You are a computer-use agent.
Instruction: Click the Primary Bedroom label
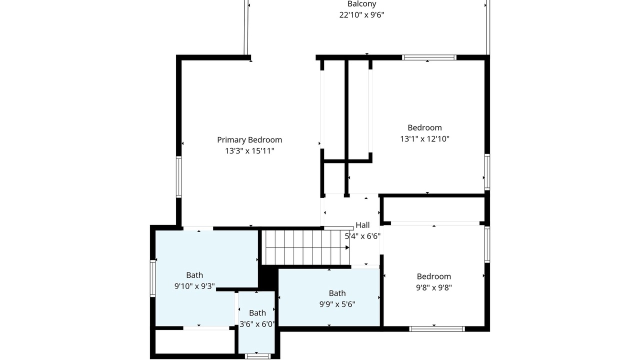[x=249, y=139]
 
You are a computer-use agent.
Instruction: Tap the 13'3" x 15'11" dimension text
[x=249, y=151]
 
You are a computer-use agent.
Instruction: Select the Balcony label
[x=361, y=4]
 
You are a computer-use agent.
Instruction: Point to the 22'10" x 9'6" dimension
[x=361, y=15]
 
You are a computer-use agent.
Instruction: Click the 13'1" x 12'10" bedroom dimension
[x=424, y=139]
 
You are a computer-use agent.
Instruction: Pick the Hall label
[x=362, y=225]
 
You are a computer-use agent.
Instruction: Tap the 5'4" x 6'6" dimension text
[x=362, y=236]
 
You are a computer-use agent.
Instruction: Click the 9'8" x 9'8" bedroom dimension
[x=433, y=287]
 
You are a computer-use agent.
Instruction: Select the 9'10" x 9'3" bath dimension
[x=194, y=286]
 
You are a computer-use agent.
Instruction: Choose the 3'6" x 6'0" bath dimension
[x=257, y=324]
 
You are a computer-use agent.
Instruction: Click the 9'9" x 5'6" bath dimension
[x=337, y=304]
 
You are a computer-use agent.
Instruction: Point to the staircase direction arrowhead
[x=347, y=247]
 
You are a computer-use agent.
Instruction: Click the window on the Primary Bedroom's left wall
[x=179, y=177]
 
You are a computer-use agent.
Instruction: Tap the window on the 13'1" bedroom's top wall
[x=429, y=57]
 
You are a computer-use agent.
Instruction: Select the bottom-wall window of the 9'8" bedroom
[x=437, y=329]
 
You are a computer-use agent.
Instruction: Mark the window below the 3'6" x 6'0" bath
[x=257, y=356]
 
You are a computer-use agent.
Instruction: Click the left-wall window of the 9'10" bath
[x=153, y=278]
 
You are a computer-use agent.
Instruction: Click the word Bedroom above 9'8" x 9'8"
[x=433, y=276]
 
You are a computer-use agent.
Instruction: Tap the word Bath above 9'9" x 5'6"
[x=337, y=293]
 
